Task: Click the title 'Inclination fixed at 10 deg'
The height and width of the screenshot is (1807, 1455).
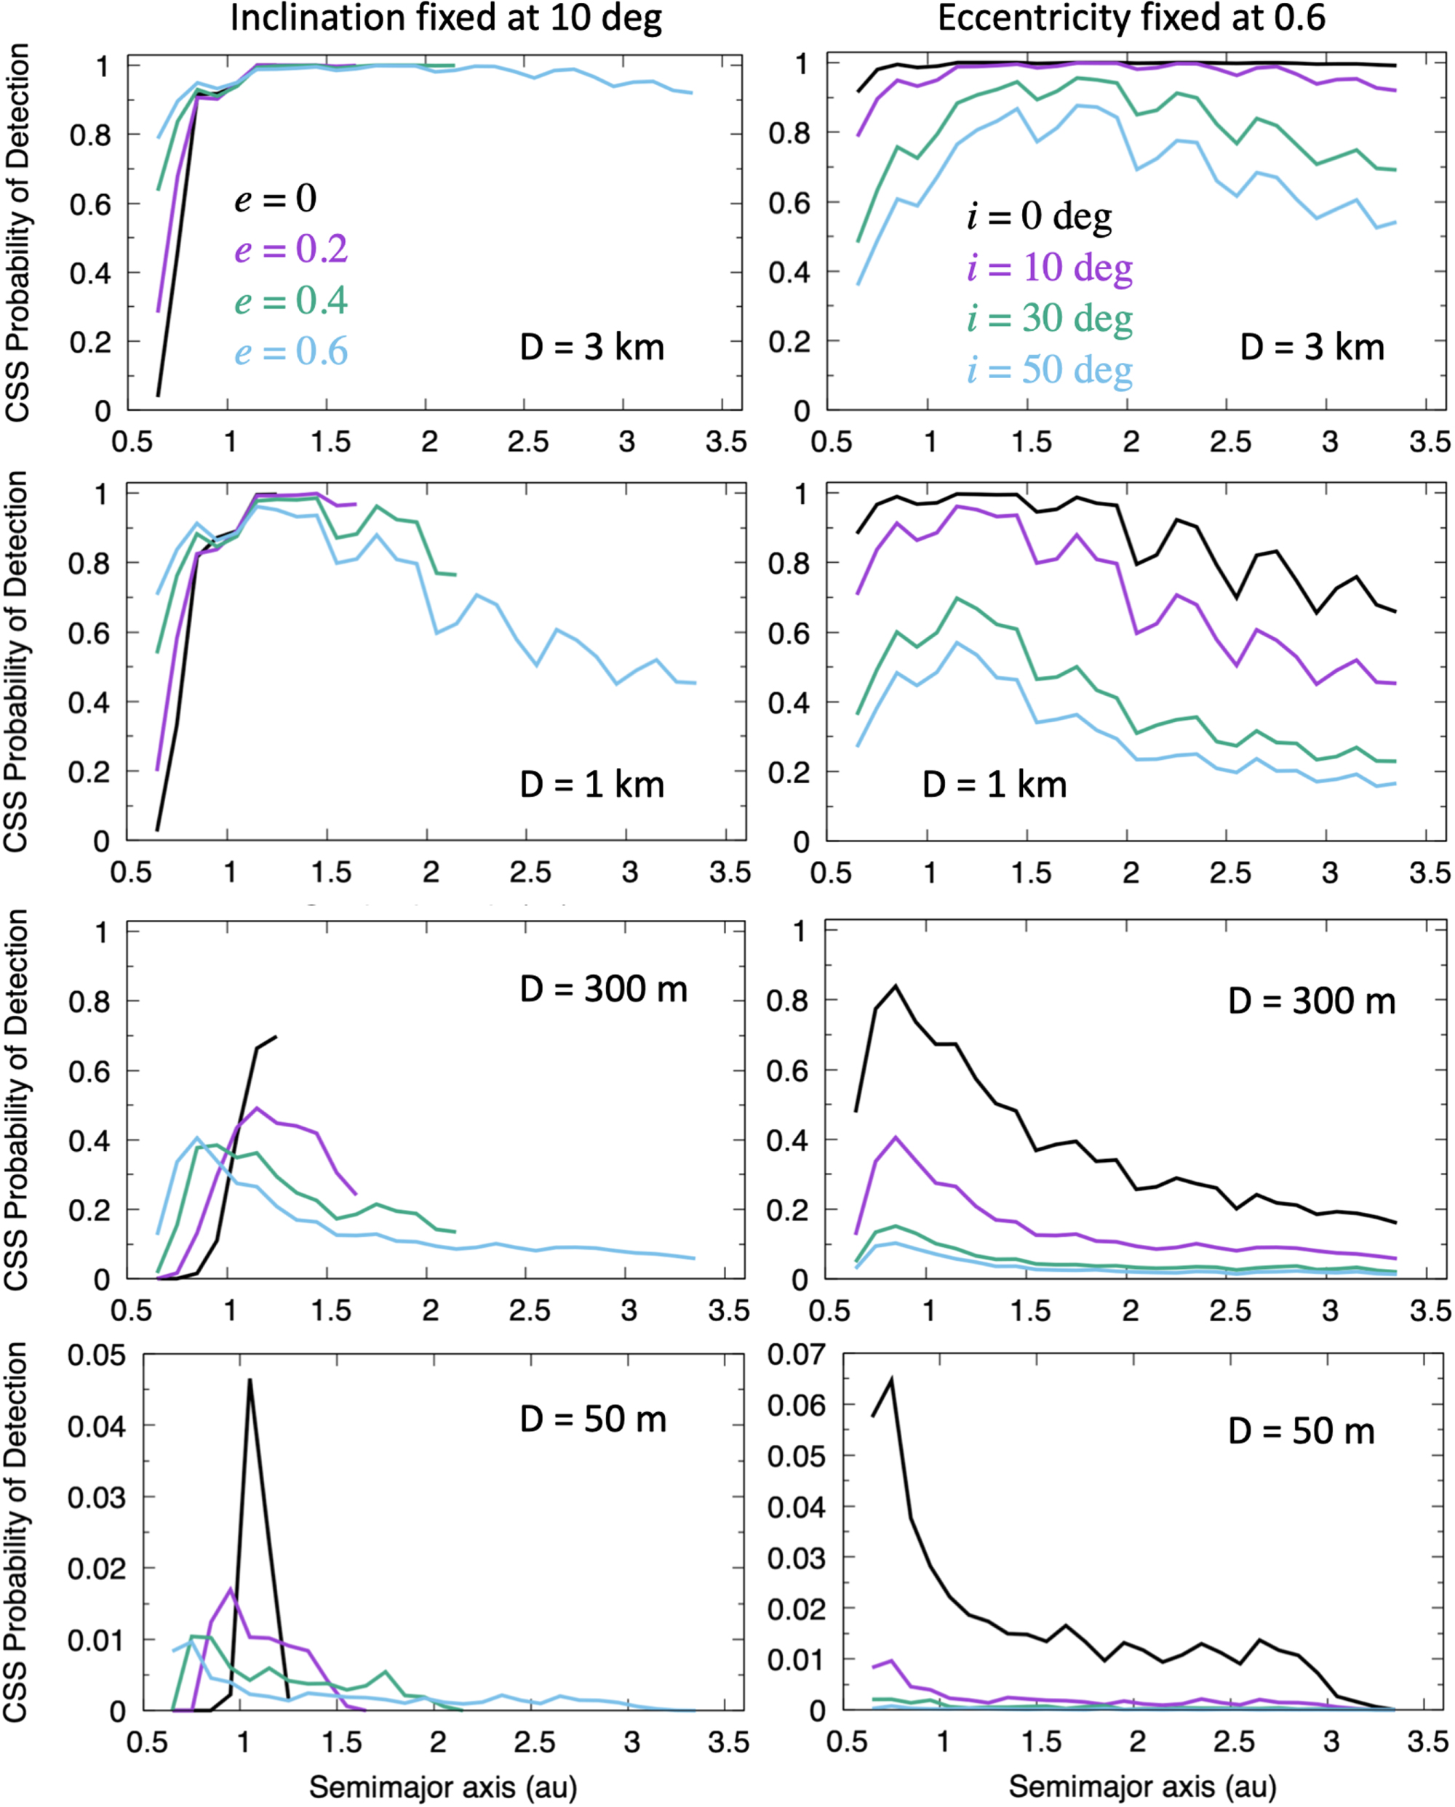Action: coord(446,18)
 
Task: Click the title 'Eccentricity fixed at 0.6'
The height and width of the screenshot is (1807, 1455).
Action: coord(1131,18)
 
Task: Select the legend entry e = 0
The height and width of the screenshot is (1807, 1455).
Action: coord(275,199)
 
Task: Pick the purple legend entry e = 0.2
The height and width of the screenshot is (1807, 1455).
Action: coord(291,249)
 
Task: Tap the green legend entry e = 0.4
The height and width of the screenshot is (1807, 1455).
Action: coord(291,300)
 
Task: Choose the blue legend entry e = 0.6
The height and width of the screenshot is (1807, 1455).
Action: coord(291,351)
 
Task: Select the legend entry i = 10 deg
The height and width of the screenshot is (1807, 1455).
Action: coord(1049,268)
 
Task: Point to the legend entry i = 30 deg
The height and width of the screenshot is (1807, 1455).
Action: coord(1049,318)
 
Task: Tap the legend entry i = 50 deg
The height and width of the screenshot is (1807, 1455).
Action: coord(1049,369)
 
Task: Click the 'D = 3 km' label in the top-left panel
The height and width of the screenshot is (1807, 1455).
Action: coord(592,347)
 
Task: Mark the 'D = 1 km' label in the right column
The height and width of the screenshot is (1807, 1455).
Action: coord(994,785)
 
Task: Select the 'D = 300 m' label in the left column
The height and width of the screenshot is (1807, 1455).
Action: coord(604,990)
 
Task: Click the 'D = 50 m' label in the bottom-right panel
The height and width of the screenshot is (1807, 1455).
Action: coord(1301,1430)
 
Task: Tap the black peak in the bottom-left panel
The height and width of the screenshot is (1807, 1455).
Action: coord(249,1379)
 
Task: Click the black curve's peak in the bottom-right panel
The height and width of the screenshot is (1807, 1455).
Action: coord(891,1379)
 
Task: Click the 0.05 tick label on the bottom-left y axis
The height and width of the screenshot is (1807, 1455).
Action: coord(97,1355)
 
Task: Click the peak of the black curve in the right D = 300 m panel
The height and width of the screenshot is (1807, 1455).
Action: coord(896,985)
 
